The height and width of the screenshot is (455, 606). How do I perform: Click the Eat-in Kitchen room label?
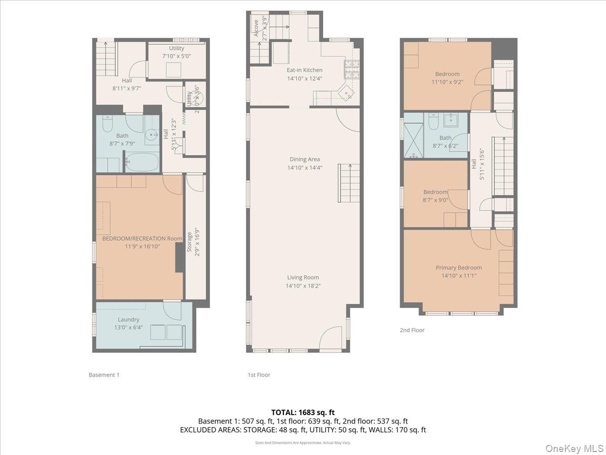tap(305, 70)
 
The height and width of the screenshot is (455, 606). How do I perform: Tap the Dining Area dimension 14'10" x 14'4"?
tap(305, 167)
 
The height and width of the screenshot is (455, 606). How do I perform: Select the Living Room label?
tap(303, 277)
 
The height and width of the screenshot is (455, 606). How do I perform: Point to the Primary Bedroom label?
tap(459, 267)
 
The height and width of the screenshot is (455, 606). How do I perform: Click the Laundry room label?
tap(128, 320)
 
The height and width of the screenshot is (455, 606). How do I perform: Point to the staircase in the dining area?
tap(348, 183)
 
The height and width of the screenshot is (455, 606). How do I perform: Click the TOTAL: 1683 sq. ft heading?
tap(303, 412)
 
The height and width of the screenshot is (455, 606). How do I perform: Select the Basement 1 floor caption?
tap(104, 375)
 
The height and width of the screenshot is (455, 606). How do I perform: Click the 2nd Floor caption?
tap(412, 330)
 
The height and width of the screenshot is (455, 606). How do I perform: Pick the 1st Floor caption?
tap(259, 375)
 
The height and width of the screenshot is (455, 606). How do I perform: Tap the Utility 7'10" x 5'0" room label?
tap(177, 49)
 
